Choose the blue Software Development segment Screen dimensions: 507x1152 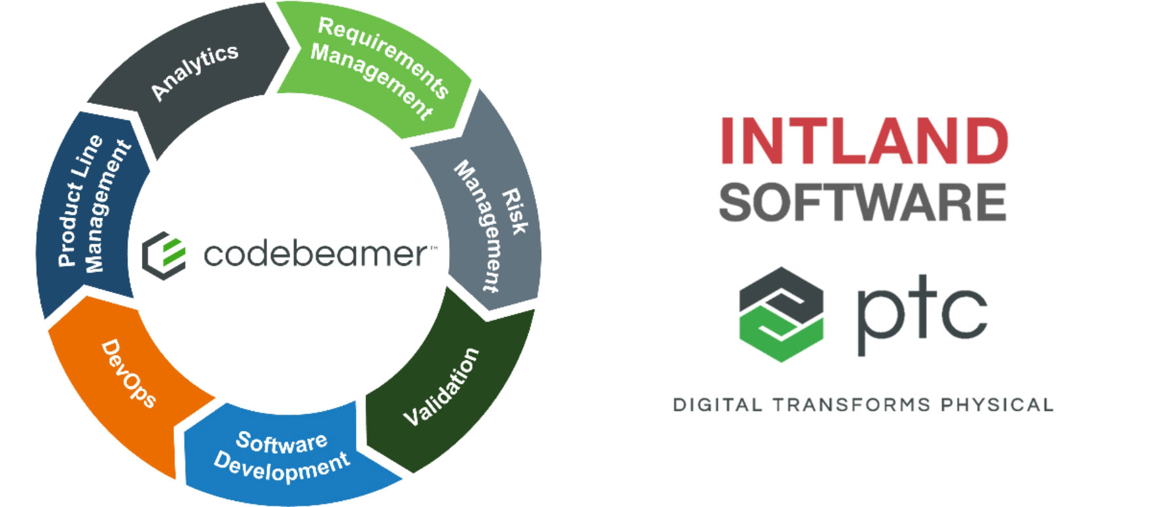tap(281, 455)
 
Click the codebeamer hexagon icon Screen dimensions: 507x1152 tap(164, 255)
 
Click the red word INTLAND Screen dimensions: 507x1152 tap(864, 141)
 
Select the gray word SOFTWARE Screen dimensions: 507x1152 tap(862, 202)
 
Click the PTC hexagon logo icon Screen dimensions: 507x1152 tap(781, 314)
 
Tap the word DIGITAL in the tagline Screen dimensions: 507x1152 tap(717, 405)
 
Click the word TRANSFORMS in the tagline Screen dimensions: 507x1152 tap(851, 405)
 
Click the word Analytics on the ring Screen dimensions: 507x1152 tap(194, 72)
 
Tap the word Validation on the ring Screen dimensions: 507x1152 tap(441, 386)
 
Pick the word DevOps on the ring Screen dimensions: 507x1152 tap(129, 373)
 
